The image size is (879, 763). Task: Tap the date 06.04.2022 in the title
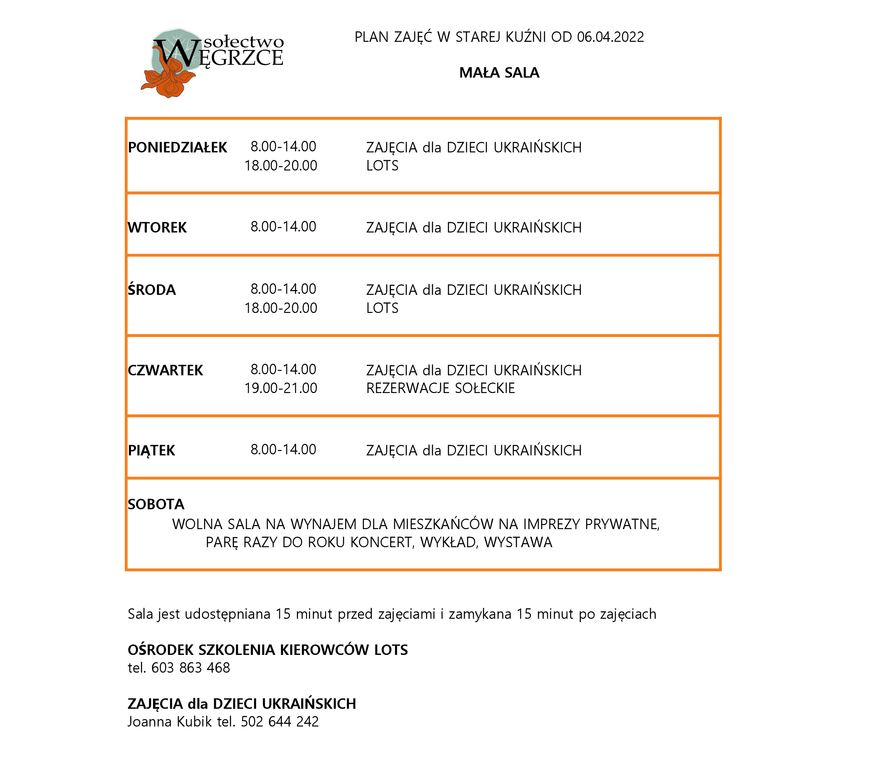(610, 37)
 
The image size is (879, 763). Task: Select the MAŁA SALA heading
(499, 73)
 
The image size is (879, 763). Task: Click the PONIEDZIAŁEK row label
(177, 147)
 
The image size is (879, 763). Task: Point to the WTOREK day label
(157, 228)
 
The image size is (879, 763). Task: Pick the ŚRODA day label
(152, 290)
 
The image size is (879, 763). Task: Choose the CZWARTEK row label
(165, 370)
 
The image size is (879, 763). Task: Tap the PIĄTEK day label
(151, 450)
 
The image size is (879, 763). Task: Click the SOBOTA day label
(156, 504)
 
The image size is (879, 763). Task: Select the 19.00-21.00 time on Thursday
(281, 388)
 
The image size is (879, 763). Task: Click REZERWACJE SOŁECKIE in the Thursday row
(440, 388)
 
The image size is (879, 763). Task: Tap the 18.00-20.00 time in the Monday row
(281, 165)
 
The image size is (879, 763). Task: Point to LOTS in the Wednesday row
(382, 308)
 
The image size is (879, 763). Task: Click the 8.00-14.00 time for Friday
(283, 449)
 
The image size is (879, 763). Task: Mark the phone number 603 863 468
(190, 668)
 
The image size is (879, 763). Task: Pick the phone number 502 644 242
(280, 721)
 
